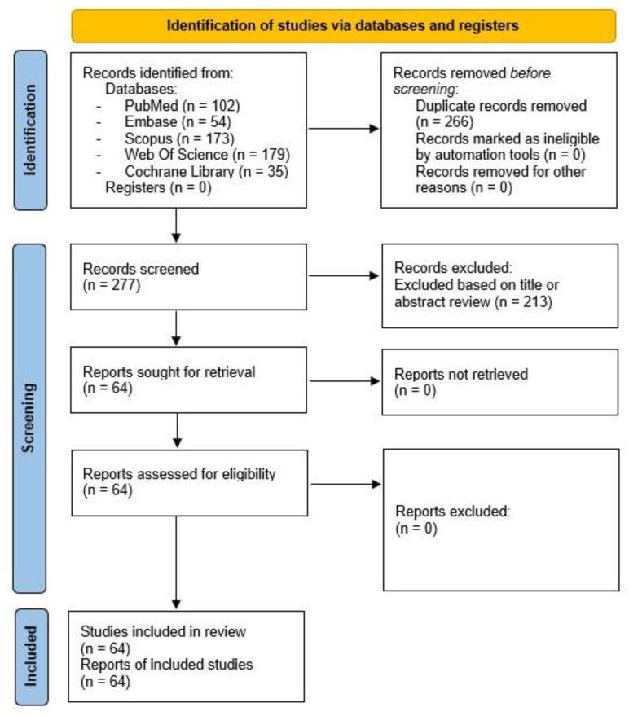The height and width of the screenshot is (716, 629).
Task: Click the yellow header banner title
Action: (342, 25)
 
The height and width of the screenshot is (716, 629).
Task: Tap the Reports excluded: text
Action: (452, 512)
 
